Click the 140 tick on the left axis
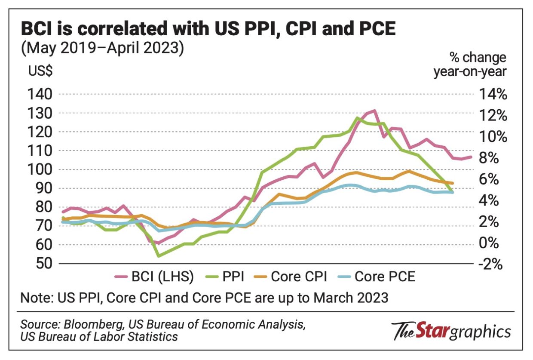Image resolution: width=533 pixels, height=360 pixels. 40,95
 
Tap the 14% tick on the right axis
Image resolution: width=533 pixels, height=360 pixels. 493,95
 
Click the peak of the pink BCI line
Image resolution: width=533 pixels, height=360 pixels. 374,111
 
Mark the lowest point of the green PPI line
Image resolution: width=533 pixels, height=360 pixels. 159,256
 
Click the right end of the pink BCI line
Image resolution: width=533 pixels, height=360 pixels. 472,157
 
